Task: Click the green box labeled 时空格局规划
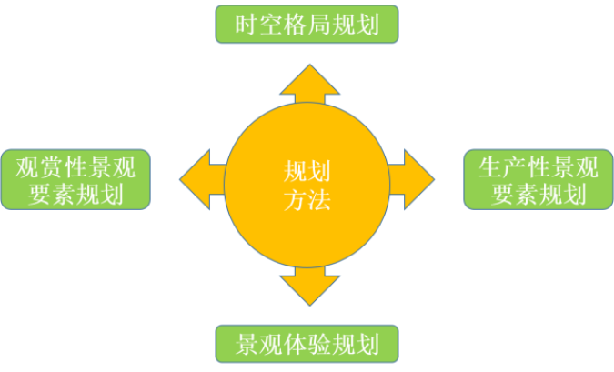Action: tap(307, 24)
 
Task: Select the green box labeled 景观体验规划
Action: tap(307, 346)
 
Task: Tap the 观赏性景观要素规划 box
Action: tap(76, 179)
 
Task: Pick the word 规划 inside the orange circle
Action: tap(307, 170)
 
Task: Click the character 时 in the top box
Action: tap(245, 25)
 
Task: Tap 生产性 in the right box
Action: tap(515, 167)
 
